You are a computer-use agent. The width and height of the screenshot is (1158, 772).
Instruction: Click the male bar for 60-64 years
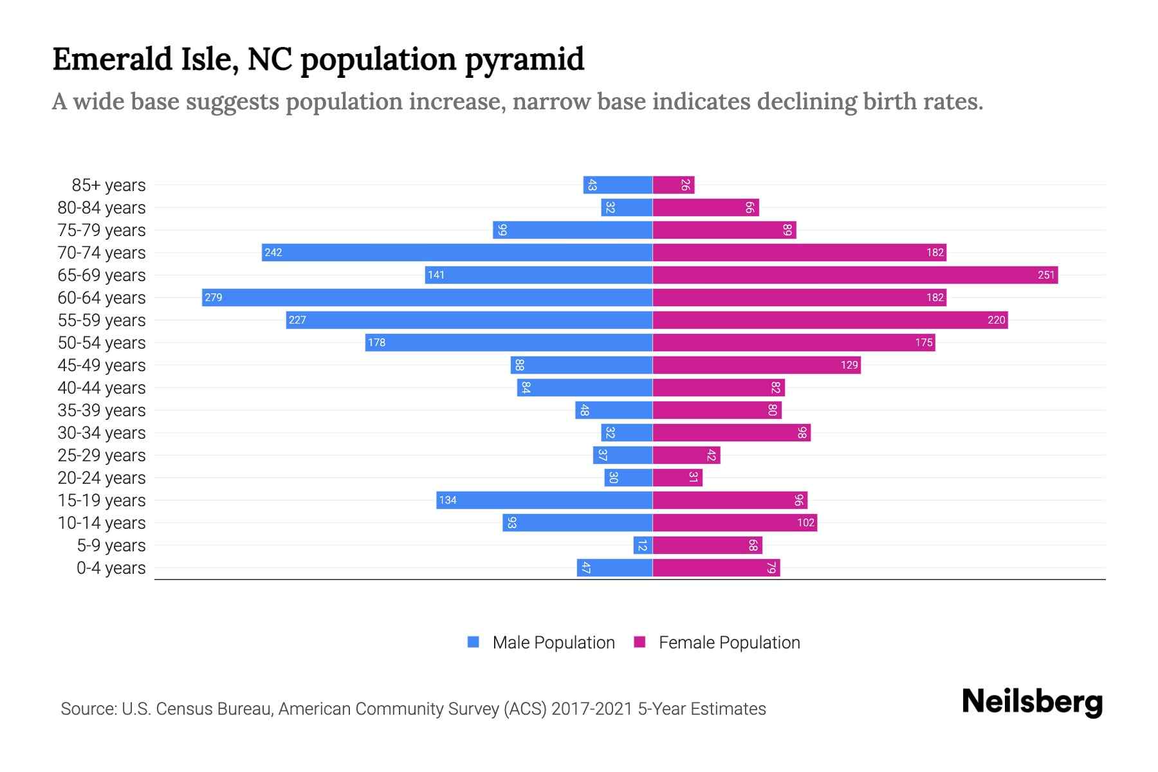click(x=427, y=297)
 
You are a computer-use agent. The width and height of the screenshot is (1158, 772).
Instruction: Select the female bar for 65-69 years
click(x=855, y=275)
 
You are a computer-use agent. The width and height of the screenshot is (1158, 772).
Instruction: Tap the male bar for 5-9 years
click(x=643, y=545)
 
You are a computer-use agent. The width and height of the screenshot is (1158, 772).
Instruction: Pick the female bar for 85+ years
click(x=673, y=185)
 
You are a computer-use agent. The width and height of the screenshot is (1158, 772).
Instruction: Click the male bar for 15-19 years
click(x=544, y=500)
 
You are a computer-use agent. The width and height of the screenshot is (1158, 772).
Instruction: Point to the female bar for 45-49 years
click(x=757, y=365)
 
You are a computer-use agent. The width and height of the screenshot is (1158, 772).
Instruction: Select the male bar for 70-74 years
click(x=457, y=252)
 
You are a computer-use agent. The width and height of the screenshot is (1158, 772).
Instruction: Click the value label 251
click(x=1046, y=275)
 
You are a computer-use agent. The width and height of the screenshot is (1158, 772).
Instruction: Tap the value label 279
click(x=214, y=297)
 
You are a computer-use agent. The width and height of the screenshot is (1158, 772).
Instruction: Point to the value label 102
click(x=805, y=522)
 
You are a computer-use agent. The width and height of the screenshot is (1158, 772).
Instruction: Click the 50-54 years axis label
click(x=102, y=343)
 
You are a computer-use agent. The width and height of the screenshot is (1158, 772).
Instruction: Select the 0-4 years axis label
click(x=111, y=568)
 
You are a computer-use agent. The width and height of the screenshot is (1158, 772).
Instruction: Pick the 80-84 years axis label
click(x=102, y=208)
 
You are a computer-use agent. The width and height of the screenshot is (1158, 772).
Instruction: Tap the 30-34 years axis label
click(x=102, y=433)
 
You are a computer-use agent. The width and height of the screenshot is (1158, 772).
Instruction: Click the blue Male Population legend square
click(x=473, y=642)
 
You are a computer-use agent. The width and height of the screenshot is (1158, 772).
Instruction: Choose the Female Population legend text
click(x=729, y=642)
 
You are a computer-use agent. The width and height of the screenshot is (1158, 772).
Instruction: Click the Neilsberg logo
click(x=1032, y=702)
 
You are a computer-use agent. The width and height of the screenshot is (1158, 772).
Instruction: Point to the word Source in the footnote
click(x=88, y=709)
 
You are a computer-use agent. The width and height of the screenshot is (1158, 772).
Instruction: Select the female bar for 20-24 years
click(x=677, y=477)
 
